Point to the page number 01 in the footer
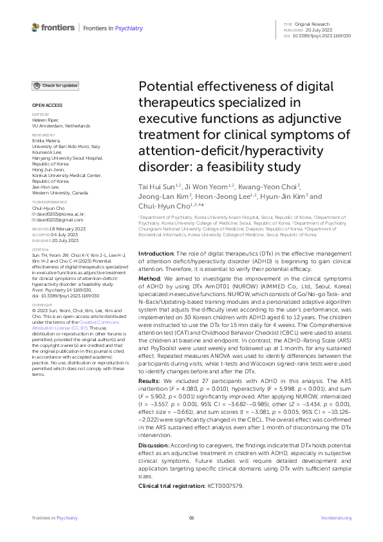[x=191, y=518]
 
